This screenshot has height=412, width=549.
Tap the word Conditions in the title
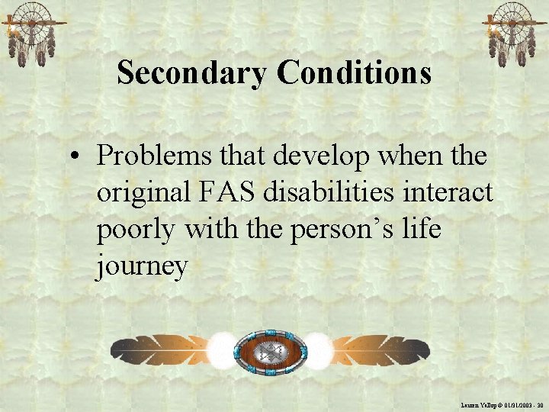click(355, 73)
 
